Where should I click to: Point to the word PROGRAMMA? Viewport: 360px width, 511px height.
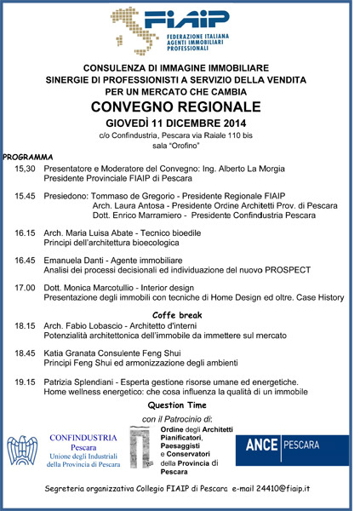[x=28, y=158]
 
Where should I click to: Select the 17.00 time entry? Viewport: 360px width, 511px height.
[x=25, y=288]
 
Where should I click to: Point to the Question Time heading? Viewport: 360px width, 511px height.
[x=178, y=405]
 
